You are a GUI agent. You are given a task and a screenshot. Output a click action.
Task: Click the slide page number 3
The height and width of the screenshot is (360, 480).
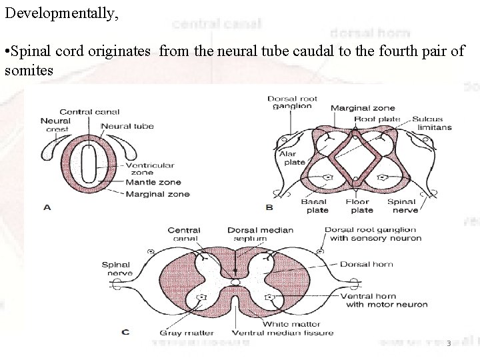[449, 343]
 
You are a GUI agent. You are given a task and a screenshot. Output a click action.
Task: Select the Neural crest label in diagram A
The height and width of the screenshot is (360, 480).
[55, 125]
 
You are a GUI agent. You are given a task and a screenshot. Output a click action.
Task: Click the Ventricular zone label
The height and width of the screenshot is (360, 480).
[150, 169]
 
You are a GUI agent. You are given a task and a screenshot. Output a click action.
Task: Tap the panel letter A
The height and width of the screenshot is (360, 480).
[47, 207]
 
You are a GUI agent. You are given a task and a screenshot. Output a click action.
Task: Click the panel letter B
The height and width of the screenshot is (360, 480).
[269, 207]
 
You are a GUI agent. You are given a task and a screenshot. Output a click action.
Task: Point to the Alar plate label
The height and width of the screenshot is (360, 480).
[294, 157]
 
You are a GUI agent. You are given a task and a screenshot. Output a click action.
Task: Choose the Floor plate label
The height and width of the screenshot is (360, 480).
[362, 205]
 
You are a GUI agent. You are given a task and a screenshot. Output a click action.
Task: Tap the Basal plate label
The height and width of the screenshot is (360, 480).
[315, 205]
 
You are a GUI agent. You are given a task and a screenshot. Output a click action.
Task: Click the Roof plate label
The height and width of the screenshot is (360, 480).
[377, 119]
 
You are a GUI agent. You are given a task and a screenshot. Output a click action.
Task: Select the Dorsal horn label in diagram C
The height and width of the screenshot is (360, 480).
[367, 264]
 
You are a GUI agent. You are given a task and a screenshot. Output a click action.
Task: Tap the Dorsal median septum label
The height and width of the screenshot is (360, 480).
[260, 234]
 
